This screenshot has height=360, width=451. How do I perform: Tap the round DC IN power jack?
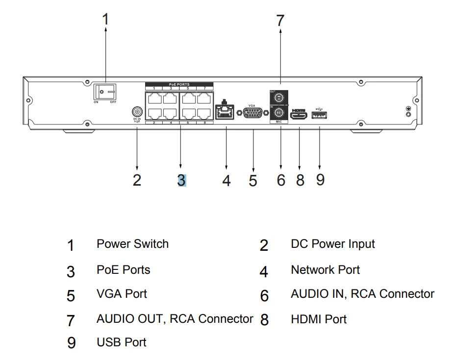[x=137, y=112]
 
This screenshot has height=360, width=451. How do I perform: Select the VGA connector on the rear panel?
[x=252, y=113]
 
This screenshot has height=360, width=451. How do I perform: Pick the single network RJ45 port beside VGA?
[x=225, y=113]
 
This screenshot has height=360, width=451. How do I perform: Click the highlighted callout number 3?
[x=181, y=180]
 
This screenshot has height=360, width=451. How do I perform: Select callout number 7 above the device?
[x=280, y=21]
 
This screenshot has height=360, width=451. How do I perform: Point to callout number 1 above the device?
[x=106, y=20]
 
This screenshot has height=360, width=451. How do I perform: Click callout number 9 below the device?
[x=320, y=179]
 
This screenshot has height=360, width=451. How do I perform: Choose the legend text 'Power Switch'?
[x=132, y=244]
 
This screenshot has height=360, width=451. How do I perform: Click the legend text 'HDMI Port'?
[x=319, y=319]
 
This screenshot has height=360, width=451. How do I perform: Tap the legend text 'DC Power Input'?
[x=333, y=244]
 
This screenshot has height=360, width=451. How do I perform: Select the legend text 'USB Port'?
[x=122, y=341]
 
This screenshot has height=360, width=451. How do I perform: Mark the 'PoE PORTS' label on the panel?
[x=179, y=84]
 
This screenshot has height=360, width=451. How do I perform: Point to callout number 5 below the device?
[x=252, y=180]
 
